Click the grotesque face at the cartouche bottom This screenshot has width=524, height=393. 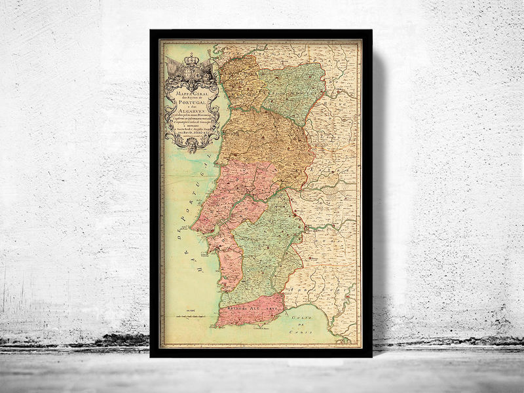[192, 146]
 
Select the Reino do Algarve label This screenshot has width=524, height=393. [249, 306]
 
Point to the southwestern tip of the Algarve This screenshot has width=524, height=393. [219, 322]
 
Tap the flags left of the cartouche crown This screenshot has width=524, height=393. [172, 65]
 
